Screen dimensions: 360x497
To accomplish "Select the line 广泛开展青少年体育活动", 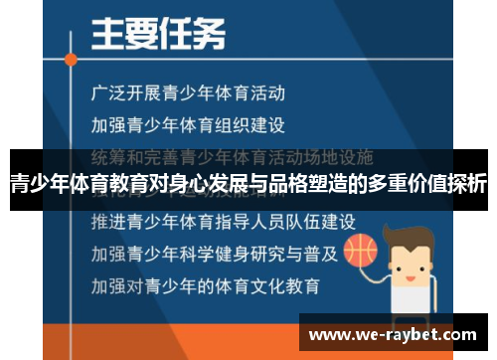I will click(x=188, y=94).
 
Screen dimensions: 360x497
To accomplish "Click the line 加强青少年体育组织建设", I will click(x=188, y=125).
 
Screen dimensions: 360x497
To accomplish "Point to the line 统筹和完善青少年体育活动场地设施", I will click(x=231, y=156).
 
